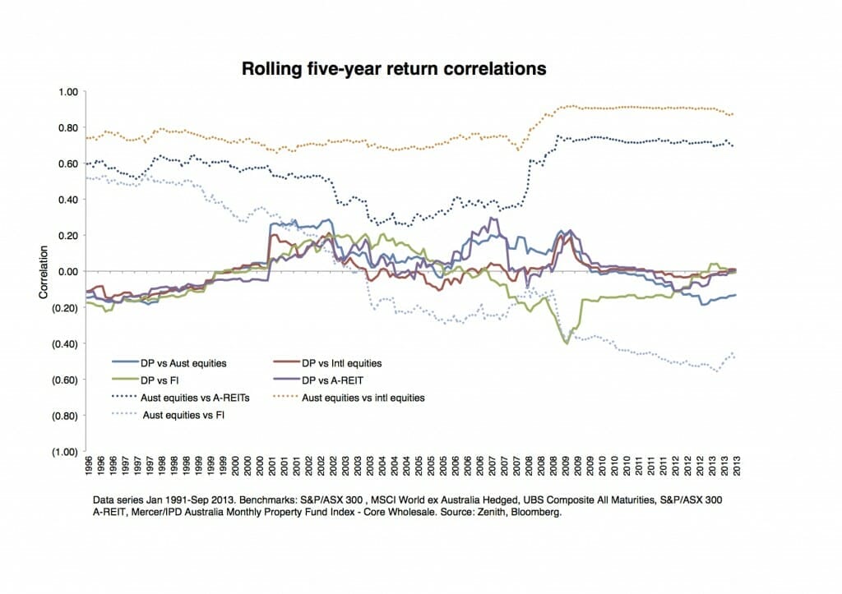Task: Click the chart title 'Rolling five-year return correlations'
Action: coord(393,69)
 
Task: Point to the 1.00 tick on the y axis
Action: coord(67,92)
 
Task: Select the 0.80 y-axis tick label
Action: coord(67,127)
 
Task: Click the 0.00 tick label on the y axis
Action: coord(67,271)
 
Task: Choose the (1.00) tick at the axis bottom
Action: coord(65,452)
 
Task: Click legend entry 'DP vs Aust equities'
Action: coord(178,361)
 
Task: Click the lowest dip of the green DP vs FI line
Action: coord(566,343)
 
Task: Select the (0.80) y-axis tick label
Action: coord(65,416)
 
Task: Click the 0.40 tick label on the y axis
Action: coord(67,200)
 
